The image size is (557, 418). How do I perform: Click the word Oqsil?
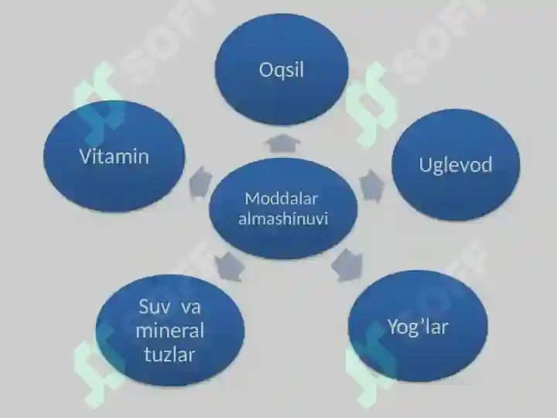[282, 70]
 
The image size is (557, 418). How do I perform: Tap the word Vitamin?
[114, 156]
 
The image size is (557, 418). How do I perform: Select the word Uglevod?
[456, 166]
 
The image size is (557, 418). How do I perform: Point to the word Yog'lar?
[418, 327]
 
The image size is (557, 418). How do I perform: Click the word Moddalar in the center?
[281, 199]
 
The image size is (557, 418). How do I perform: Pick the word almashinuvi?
[283, 218]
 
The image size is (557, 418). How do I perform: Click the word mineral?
[169, 331]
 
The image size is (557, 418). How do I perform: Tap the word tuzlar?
[169, 355]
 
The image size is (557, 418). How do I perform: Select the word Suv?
[152, 307]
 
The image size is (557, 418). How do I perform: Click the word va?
[191, 308]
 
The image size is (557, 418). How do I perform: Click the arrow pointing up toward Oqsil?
[282, 143]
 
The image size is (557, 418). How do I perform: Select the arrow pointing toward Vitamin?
[200, 183]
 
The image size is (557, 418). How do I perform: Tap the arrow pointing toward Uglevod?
[371, 186]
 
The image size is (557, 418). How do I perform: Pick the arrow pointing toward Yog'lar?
[347, 266]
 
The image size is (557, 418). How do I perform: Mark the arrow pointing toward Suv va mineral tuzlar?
[230, 266]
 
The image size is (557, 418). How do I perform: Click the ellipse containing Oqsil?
[282, 70]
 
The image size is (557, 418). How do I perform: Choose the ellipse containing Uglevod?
[456, 165]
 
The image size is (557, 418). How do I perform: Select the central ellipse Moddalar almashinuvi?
[283, 209]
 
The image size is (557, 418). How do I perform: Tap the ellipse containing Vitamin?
[114, 156]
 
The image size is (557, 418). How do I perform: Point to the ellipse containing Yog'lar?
[418, 327]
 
